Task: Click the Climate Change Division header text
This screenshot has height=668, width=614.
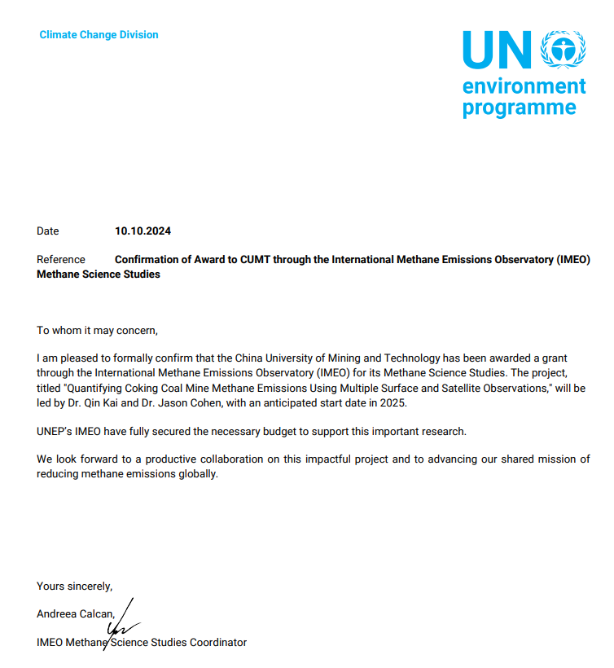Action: click(x=99, y=35)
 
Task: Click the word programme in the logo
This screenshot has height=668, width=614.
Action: click(x=519, y=108)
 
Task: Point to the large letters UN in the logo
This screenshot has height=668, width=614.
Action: click(x=496, y=51)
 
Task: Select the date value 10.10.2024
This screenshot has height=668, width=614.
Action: click(x=143, y=231)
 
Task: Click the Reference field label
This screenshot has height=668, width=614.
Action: click(x=61, y=260)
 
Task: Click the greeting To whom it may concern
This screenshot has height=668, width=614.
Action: click(x=97, y=331)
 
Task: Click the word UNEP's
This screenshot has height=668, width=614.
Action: click(x=55, y=431)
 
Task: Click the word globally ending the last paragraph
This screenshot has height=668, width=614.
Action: click(x=201, y=474)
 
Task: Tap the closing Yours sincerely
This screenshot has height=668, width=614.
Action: click(x=74, y=587)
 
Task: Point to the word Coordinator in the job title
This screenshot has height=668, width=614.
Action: click(x=217, y=643)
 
